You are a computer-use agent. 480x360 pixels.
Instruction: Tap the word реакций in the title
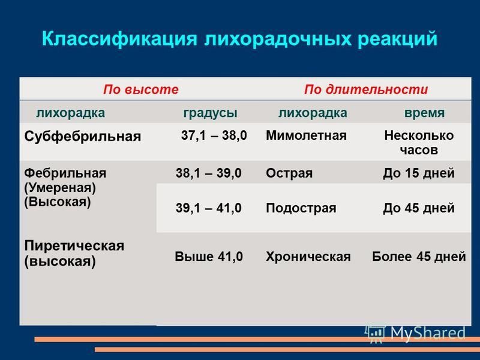click(397, 39)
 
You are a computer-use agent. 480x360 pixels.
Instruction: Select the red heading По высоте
click(141, 89)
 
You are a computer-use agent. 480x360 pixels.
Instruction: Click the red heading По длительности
click(366, 89)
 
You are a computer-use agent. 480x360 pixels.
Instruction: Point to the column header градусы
click(211, 113)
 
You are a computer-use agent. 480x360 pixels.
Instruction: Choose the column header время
click(424, 113)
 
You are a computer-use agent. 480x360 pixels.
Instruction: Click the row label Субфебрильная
click(83, 137)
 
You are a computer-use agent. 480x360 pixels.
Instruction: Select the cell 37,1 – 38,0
click(214, 136)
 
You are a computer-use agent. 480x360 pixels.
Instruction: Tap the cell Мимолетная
click(306, 136)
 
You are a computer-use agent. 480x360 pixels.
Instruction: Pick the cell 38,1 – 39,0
click(208, 173)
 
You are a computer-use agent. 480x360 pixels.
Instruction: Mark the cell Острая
click(289, 173)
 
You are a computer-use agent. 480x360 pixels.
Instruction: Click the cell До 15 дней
click(419, 173)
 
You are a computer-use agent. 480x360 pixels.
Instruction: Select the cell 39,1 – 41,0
click(208, 208)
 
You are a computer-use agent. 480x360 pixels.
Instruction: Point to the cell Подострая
click(301, 208)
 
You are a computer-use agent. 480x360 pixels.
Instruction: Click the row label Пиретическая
click(74, 246)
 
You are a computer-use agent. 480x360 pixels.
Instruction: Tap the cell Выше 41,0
click(209, 257)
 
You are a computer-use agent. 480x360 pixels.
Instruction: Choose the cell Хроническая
click(308, 257)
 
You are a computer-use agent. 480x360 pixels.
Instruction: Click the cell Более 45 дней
click(419, 257)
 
